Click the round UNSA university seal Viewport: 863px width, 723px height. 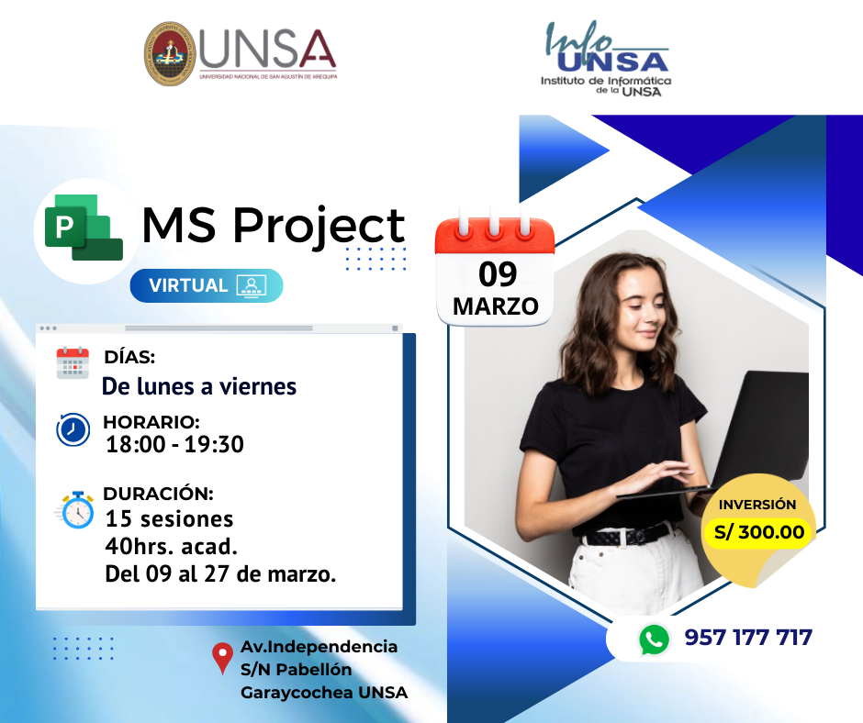point(170,54)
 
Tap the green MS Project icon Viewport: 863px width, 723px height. point(84,228)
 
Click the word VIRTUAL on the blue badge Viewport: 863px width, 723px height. point(188,285)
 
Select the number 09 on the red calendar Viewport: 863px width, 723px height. point(498,274)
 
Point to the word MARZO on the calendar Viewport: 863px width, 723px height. point(496,306)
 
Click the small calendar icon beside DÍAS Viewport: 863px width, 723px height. point(73,363)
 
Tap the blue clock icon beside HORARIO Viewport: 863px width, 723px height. point(73,429)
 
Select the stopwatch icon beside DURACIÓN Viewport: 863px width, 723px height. point(75,510)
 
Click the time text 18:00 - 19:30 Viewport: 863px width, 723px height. point(174,445)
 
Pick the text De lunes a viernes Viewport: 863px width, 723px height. point(199,386)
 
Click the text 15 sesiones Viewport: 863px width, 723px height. point(170,519)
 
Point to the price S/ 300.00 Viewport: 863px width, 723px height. point(759,532)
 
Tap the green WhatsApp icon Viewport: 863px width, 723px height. point(654,640)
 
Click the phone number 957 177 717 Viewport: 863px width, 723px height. point(748,638)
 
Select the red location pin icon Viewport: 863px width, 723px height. point(222,658)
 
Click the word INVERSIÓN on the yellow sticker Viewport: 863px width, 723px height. point(757,505)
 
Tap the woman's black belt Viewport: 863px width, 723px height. point(626,536)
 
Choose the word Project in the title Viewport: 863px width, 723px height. point(319,226)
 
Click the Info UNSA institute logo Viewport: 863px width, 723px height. point(606,59)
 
